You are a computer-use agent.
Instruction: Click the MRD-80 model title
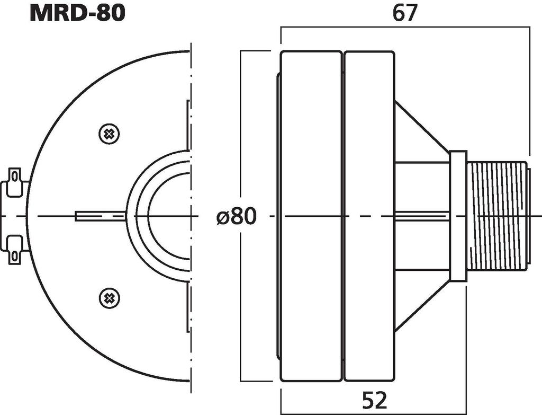(77, 13)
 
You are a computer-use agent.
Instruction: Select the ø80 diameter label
(237, 216)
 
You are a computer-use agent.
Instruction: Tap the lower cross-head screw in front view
(109, 298)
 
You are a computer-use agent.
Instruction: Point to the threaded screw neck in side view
(498, 216)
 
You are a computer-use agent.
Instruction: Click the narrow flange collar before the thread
(458, 216)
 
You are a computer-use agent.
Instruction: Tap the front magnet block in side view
(311, 216)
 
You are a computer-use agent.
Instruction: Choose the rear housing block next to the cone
(369, 159)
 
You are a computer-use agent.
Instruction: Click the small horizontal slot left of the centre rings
(101, 216)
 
